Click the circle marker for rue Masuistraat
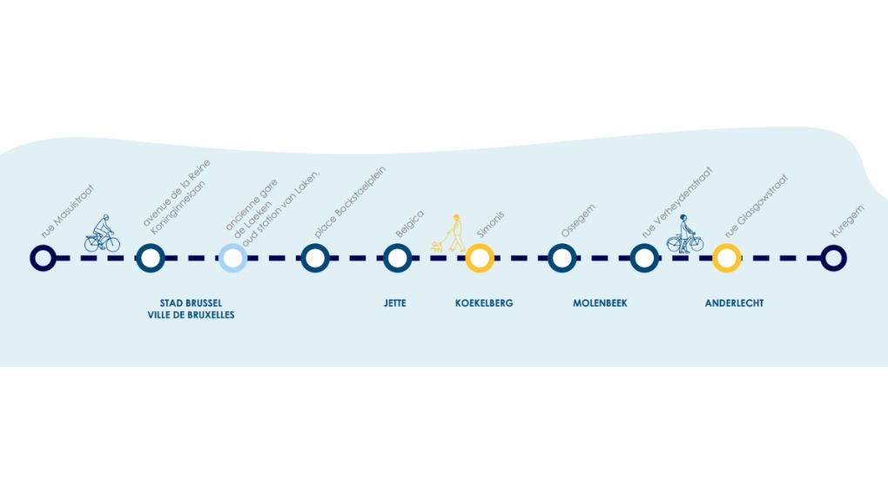click(43, 258)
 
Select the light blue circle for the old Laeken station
click(232, 258)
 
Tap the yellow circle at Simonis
click(480, 258)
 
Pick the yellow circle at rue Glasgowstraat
click(726, 258)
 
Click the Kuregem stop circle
click(834, 258)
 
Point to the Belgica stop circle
click(397, 258)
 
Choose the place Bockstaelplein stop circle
click(314, 258)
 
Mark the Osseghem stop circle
click(562, 258)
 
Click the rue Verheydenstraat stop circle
click(644, 258)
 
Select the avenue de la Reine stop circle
click(151, 258)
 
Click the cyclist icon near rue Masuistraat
click(102, 234)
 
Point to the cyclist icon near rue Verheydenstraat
click(685, 234)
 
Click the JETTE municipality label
click(394, 303)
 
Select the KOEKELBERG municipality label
click(484, 303)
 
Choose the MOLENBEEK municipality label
click(600, 303)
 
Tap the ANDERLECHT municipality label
click(734, 303)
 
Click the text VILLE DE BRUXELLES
click(191, 315)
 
